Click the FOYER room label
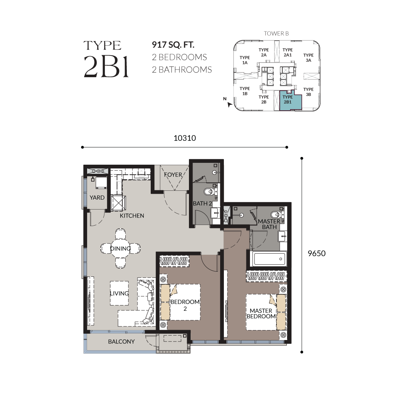point(173,175)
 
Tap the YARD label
point(97,197)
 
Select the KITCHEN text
point(132,216)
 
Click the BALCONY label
point(121,341)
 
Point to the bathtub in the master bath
point(269,258)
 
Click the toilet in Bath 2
point(210,192)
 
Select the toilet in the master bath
point(277,215)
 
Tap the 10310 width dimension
point(185,138)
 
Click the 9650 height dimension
point(316,253)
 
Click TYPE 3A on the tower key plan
point(308,58)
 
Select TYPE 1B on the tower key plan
point(245,91)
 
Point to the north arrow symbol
point(229,104)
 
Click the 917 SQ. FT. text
point(173,45)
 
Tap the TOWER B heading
point(276,33)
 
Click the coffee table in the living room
point(119,293)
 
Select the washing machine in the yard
point(101,182)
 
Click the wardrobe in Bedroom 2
point(174,261)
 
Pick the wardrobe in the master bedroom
point(267,276)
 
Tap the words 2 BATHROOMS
point(182,69)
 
